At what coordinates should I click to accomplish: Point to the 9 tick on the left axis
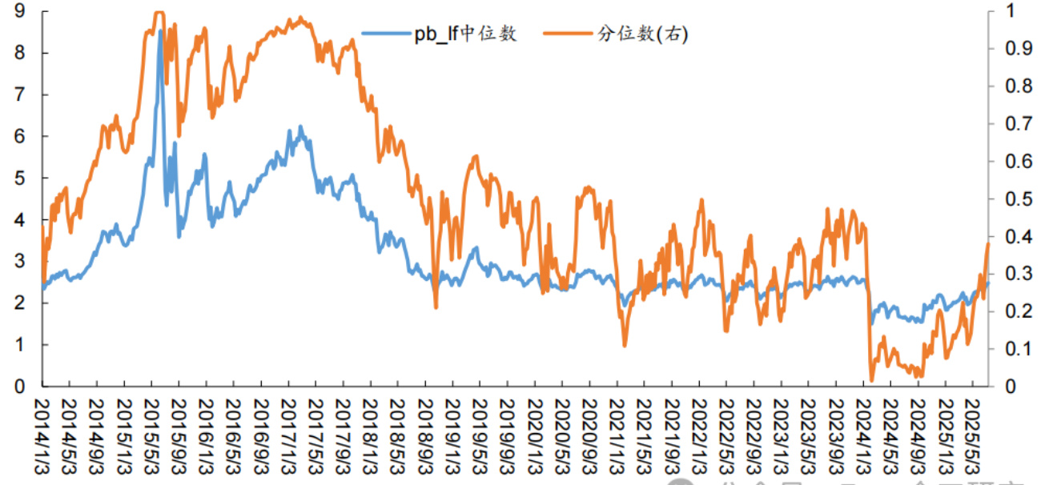pos(18,11)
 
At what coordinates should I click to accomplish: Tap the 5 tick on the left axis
pos(18,178)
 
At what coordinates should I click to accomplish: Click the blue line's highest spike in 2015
pos(160,31)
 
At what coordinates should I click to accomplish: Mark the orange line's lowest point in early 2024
pos(872,380)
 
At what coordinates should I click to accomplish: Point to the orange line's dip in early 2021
pos(625,345)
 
